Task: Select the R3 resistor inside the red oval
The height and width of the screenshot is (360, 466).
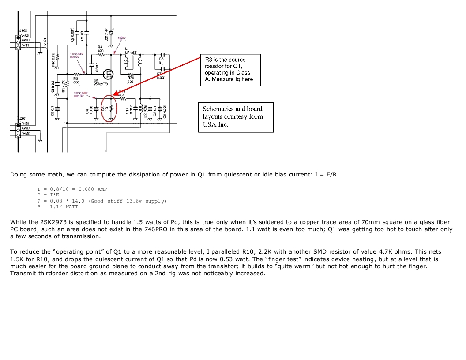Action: (111, 108)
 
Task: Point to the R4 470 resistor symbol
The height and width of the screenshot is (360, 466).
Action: (101, 56)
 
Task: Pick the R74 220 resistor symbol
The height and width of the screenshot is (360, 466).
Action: (131, 74)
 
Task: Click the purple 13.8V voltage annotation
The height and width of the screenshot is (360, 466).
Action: (122, 38)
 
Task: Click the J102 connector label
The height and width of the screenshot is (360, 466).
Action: (23, 30)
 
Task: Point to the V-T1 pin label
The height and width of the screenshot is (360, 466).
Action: (25, 45)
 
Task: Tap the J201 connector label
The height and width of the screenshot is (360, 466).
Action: (23, 118)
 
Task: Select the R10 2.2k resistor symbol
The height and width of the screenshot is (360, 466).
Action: (56, 60)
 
